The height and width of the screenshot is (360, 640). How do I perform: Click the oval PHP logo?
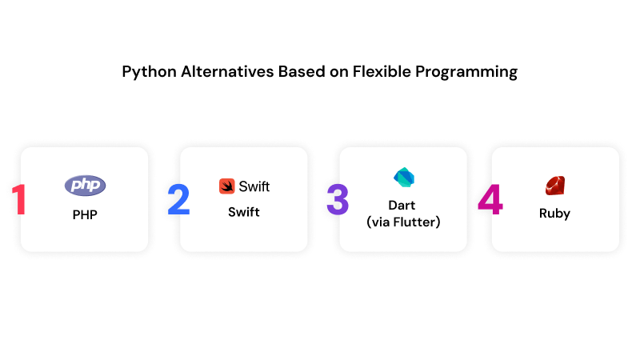coord(85,186)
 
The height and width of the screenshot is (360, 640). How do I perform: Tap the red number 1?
coord(18,200)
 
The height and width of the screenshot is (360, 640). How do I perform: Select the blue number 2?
coord(178,200)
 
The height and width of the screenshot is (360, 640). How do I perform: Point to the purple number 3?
coord(338,200)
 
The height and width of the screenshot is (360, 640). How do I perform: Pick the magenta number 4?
coord(490,200)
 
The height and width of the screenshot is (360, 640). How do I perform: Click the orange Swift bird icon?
coord(226,186)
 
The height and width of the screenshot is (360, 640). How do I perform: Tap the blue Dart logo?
coord(402,178)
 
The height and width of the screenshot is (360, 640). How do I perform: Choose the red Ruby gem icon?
coord(554,186)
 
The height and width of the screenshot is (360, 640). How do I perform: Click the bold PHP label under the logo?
coord(84,214)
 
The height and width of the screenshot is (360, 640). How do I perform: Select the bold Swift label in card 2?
coord(243,212)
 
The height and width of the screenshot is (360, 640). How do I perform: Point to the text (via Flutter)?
coord(403,222)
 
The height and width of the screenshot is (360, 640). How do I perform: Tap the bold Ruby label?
coord(554,214)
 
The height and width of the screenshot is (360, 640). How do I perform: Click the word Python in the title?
coord(146,72)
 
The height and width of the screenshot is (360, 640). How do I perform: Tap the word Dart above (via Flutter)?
coord(403,206)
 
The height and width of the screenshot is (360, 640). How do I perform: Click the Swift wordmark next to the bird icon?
coord(254,186)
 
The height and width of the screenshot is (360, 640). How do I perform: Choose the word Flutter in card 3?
coord(415,222)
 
